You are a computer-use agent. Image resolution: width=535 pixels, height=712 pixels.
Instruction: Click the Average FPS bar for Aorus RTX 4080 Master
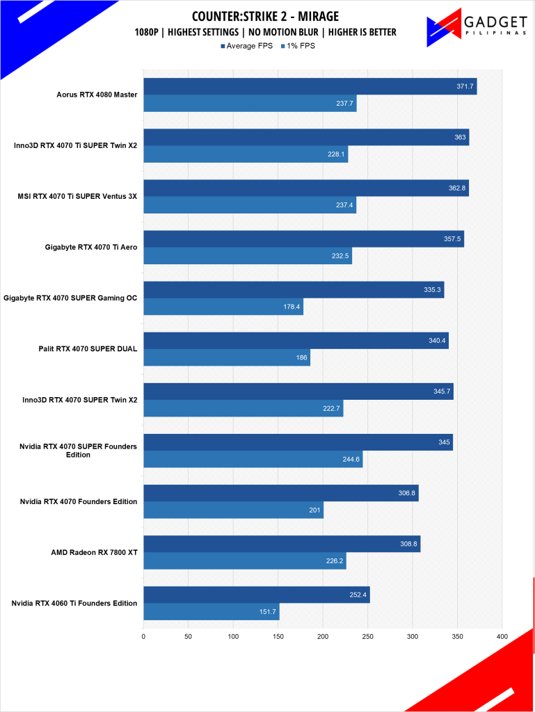310,86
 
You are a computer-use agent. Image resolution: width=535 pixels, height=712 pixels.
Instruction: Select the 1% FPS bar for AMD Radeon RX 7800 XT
244,560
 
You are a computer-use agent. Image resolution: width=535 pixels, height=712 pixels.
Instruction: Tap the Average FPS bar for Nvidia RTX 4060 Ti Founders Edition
256,594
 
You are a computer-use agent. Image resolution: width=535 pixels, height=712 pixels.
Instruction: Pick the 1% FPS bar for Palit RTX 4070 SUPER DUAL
226,357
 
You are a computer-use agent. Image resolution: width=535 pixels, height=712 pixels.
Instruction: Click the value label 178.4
292,307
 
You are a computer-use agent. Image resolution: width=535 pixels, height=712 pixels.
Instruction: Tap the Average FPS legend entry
248,46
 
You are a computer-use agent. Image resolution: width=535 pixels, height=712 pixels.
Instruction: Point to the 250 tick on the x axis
367,636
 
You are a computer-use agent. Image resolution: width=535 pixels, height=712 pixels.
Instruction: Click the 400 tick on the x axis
502,636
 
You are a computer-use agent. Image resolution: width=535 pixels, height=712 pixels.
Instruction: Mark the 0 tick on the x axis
143,636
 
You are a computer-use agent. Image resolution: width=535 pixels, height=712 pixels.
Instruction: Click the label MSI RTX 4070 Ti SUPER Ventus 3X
77,197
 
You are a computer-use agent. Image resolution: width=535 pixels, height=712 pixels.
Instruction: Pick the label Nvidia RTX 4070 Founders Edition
78,501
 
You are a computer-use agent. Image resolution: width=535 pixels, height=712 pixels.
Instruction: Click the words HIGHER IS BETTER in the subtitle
362,32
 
